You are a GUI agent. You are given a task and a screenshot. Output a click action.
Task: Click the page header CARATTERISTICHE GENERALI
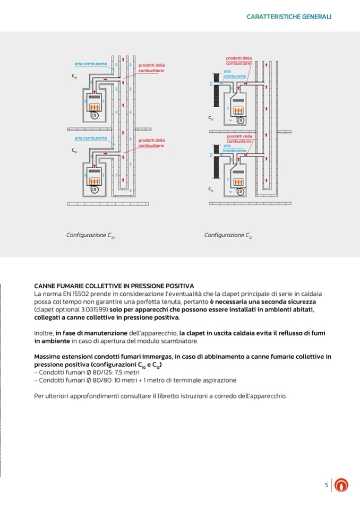(289, 17)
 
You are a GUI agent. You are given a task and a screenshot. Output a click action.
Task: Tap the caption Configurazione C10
(90, 235)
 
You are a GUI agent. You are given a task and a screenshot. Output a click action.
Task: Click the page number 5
(327, 485)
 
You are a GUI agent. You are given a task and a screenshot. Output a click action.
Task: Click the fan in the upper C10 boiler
(94, 115)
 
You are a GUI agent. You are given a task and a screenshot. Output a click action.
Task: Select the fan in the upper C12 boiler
(239, 120)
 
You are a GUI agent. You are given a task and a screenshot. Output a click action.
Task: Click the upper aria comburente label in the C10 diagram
(91, 64)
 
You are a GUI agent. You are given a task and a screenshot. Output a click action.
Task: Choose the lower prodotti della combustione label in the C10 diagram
(151, 143)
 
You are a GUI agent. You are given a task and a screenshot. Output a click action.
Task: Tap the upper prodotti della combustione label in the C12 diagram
(239, 61)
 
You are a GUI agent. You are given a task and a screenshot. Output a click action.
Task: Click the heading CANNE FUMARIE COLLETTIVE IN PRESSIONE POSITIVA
(114, 286)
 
